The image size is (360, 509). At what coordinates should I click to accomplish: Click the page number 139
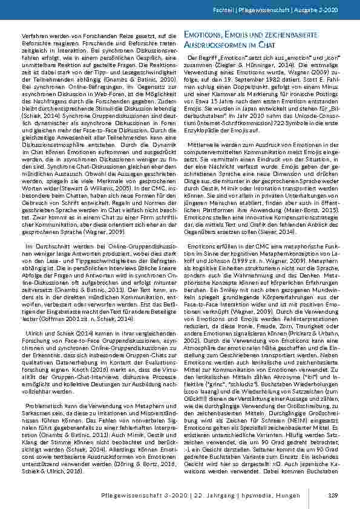click(332, 496)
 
